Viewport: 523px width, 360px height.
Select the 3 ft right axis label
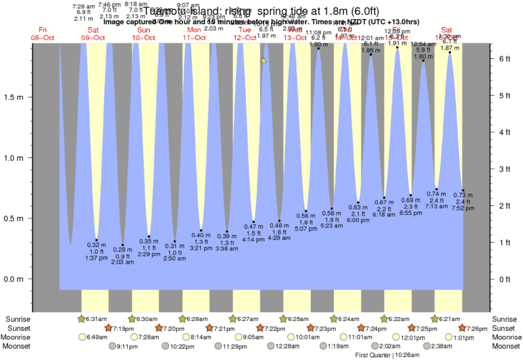(x=505, y=169)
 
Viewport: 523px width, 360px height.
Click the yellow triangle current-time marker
(x=263, y=60)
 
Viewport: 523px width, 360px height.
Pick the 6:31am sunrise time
(x=96, y=319)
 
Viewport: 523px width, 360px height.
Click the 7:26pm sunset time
(x=475, y=328)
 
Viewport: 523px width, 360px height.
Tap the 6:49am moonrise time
(x=96, y=337)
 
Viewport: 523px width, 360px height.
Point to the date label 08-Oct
(x=43, y=38)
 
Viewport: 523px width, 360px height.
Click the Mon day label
(x=195, y=30)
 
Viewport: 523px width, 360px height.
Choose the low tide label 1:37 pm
(x=96, y=258)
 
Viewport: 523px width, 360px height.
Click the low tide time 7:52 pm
(x=463, y=209)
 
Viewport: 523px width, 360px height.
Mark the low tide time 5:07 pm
(x=306, y=229)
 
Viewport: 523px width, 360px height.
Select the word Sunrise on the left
(x=15, y=319)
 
